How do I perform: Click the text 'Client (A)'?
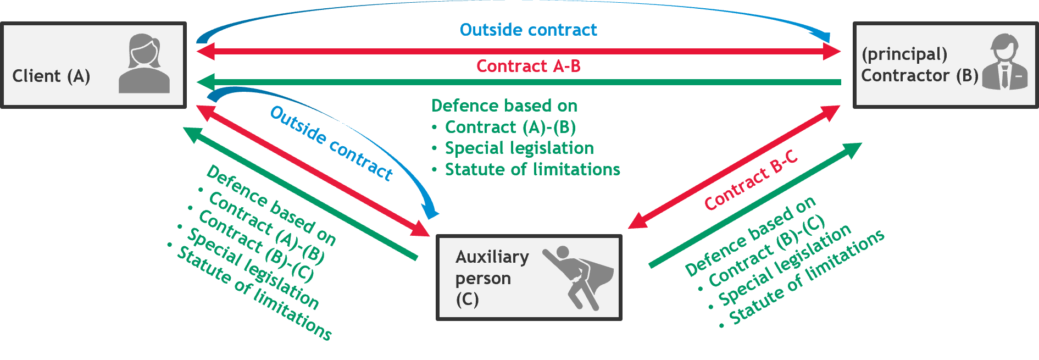click(x=51, y=76)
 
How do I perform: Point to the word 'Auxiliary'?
click(x=492, y=257)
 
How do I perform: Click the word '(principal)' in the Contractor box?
click(x=904, y=54)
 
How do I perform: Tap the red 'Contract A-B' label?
click(x=528, y=67)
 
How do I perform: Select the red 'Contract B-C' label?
click(x=751, y=180)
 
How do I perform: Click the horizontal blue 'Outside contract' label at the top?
click(x=528, y=30)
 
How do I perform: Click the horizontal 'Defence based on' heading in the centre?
click(x=504, y=106)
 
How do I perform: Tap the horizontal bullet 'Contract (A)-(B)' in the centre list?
click(x=510, y=127)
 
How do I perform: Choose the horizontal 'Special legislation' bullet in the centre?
click(x=519, y=148)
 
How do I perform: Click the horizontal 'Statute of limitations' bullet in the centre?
click(x=532, y=169)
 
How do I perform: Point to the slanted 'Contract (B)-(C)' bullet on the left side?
click(x=255, y=246)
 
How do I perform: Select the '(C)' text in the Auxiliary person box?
click(x=467, y=300)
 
